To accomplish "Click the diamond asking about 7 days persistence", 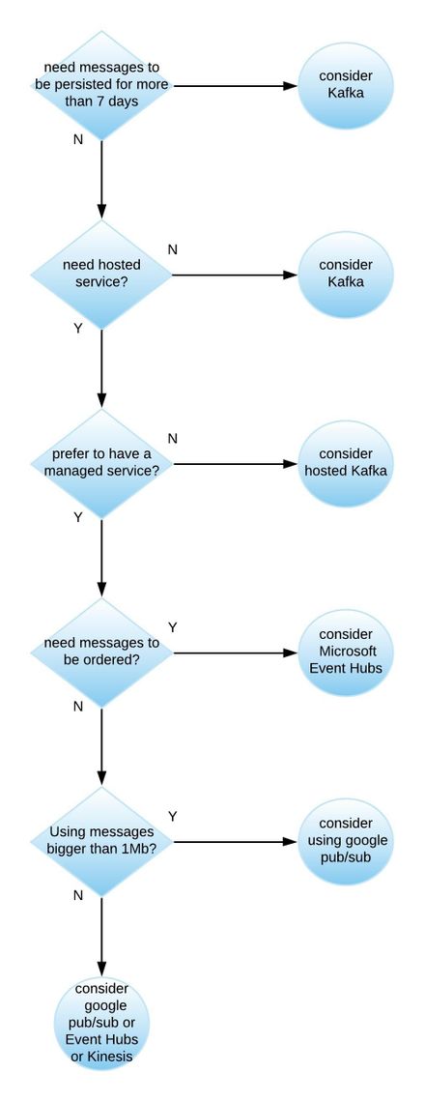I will point(101,85).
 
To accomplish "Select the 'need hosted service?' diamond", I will point(101,274).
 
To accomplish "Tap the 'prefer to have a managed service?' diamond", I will point(101,463).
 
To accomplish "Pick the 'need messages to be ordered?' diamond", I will point(101,652).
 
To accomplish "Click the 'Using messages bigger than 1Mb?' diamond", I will point(101,841).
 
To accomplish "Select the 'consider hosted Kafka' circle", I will point(346,463).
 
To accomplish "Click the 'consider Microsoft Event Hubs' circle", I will point(346,652).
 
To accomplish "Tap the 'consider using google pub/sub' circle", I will point(346,841).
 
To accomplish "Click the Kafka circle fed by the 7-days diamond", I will point(346,85).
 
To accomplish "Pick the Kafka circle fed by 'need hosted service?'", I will point(346,274).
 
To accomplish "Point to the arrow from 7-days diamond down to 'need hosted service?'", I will point(101,179).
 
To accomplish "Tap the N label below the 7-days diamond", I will point(77,139).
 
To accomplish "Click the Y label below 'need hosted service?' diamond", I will point(77,329).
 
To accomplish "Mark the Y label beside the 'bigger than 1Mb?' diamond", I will point(173,816).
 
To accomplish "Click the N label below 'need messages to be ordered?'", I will point(77,707).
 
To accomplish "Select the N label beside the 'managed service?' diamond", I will point(173,438).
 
